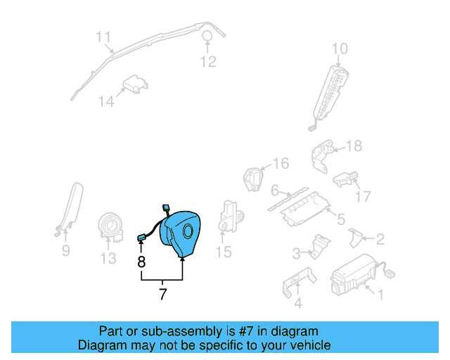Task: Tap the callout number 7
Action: [x=162, y=295]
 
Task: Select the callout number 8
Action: [x=141, y=262]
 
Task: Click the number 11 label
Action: [x=103, y=37]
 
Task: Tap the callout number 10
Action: [x=340, y=49]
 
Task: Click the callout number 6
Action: [x=276, y=190]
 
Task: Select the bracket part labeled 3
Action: [x=319, y=245]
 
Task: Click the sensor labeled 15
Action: [x=230, y=214]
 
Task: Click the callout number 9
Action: [x=65, y=250]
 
